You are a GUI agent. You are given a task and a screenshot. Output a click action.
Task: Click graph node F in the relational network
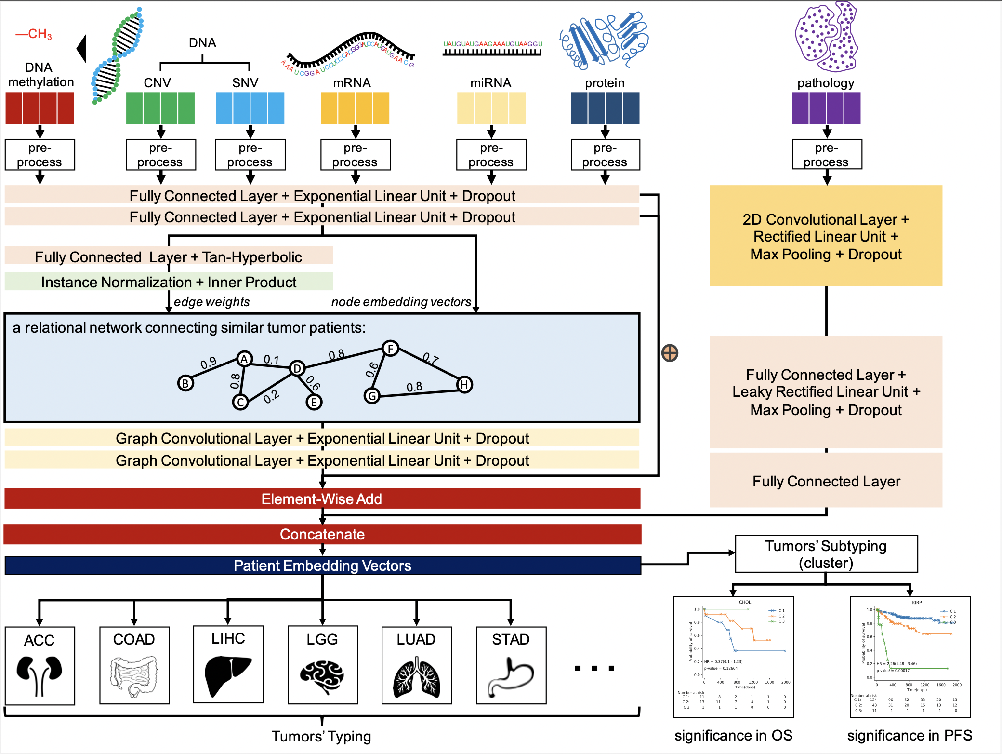coord(390,348)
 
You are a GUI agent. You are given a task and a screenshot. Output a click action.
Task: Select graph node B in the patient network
coord(185,383)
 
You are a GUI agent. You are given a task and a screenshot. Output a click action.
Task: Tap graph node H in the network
coord(464,384)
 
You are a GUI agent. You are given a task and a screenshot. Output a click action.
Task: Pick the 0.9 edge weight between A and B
coord(209,363)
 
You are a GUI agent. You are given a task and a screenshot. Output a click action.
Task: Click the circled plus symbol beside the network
coord(670,353)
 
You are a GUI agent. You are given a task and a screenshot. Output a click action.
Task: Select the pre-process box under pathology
coord(827,155)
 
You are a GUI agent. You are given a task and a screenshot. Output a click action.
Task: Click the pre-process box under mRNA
coord(355,155)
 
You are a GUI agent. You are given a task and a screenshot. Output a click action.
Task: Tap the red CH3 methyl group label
coord(34,34)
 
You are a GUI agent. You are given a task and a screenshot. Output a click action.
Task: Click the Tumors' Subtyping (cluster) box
coord(826,554)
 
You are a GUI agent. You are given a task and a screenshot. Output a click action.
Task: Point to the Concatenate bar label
coord(322,534)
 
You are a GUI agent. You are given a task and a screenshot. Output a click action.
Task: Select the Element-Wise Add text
coord(322,499)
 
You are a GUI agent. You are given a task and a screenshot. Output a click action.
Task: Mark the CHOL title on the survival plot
coord(745,602)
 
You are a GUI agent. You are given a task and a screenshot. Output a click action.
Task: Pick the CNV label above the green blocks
coord(158,83)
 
